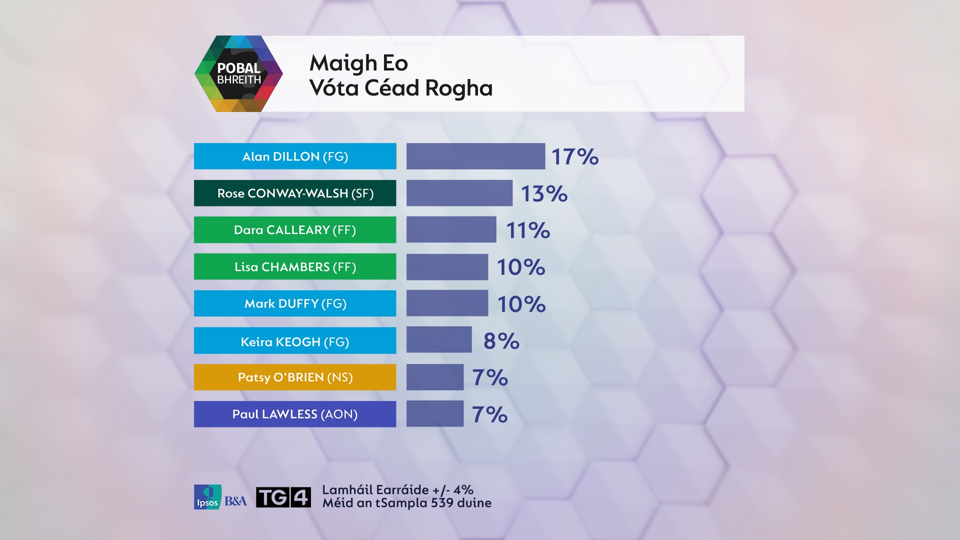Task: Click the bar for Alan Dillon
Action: pos(475,156)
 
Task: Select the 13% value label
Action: pos(544,193)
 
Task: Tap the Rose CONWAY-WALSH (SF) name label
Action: pos(295,193)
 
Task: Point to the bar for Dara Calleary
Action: pos(451,229)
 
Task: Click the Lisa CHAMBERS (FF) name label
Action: pos(295,266)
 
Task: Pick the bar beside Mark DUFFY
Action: pos(447,303)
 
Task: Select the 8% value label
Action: pos(501,340)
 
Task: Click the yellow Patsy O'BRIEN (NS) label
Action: pos(295,377)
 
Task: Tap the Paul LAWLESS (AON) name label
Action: pos(295,414)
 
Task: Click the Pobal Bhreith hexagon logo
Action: pos(238,73)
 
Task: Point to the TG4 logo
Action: pos(283,497)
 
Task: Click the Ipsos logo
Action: pos(207,497)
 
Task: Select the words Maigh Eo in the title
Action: pos(358,63)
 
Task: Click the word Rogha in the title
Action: pos(458,88)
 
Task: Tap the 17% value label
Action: pos(574,156)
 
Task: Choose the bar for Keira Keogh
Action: pos(439,340)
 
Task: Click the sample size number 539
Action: pos(442,503)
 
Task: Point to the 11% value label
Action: pos(528,230)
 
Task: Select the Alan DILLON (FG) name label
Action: pos(295,156)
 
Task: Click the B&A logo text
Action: pos(235,500)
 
